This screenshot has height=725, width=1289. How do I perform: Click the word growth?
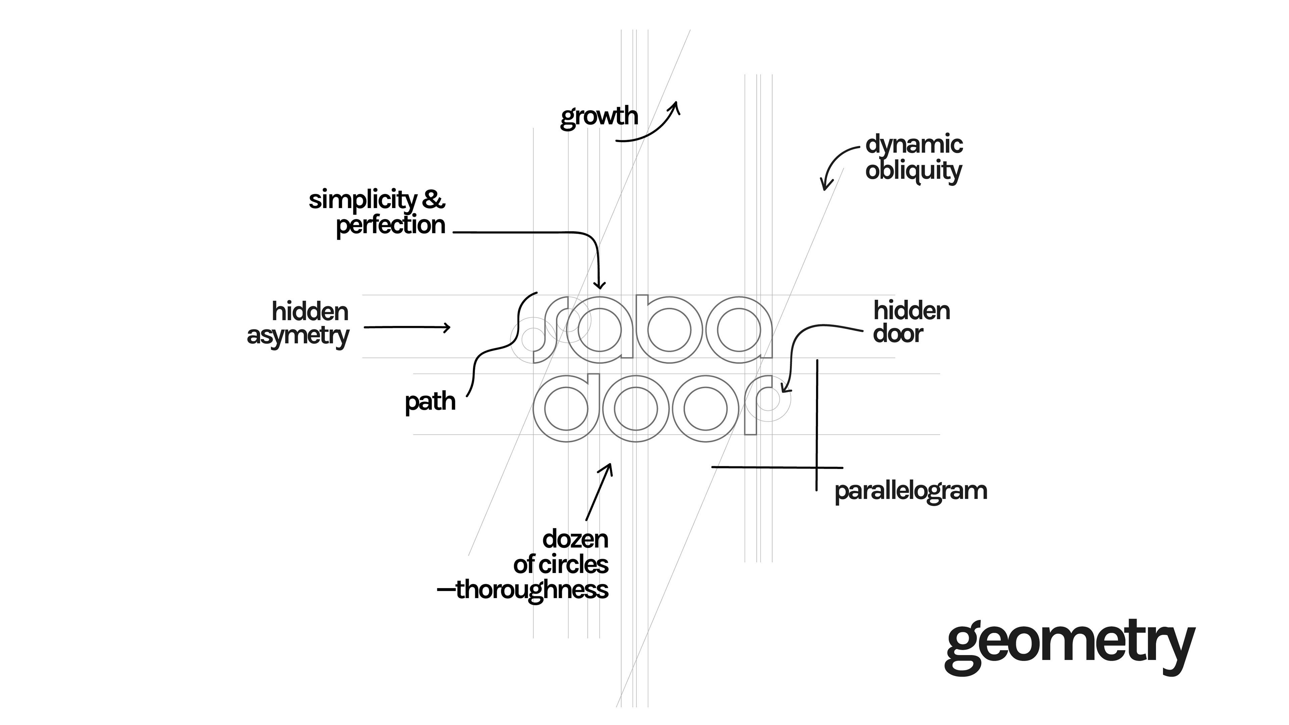click(x=599, y=116)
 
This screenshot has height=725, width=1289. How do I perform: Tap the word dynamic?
click(x=914, y=145)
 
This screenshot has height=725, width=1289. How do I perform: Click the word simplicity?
click(x=362, y=200)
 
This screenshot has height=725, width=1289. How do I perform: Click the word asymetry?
click(x=298, y=336)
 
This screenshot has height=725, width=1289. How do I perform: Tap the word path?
click(x=430, y=402)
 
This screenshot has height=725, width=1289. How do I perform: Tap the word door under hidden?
click(x=898, y=334)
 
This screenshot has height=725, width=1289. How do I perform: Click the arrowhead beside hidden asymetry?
click(x=447, y=328)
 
